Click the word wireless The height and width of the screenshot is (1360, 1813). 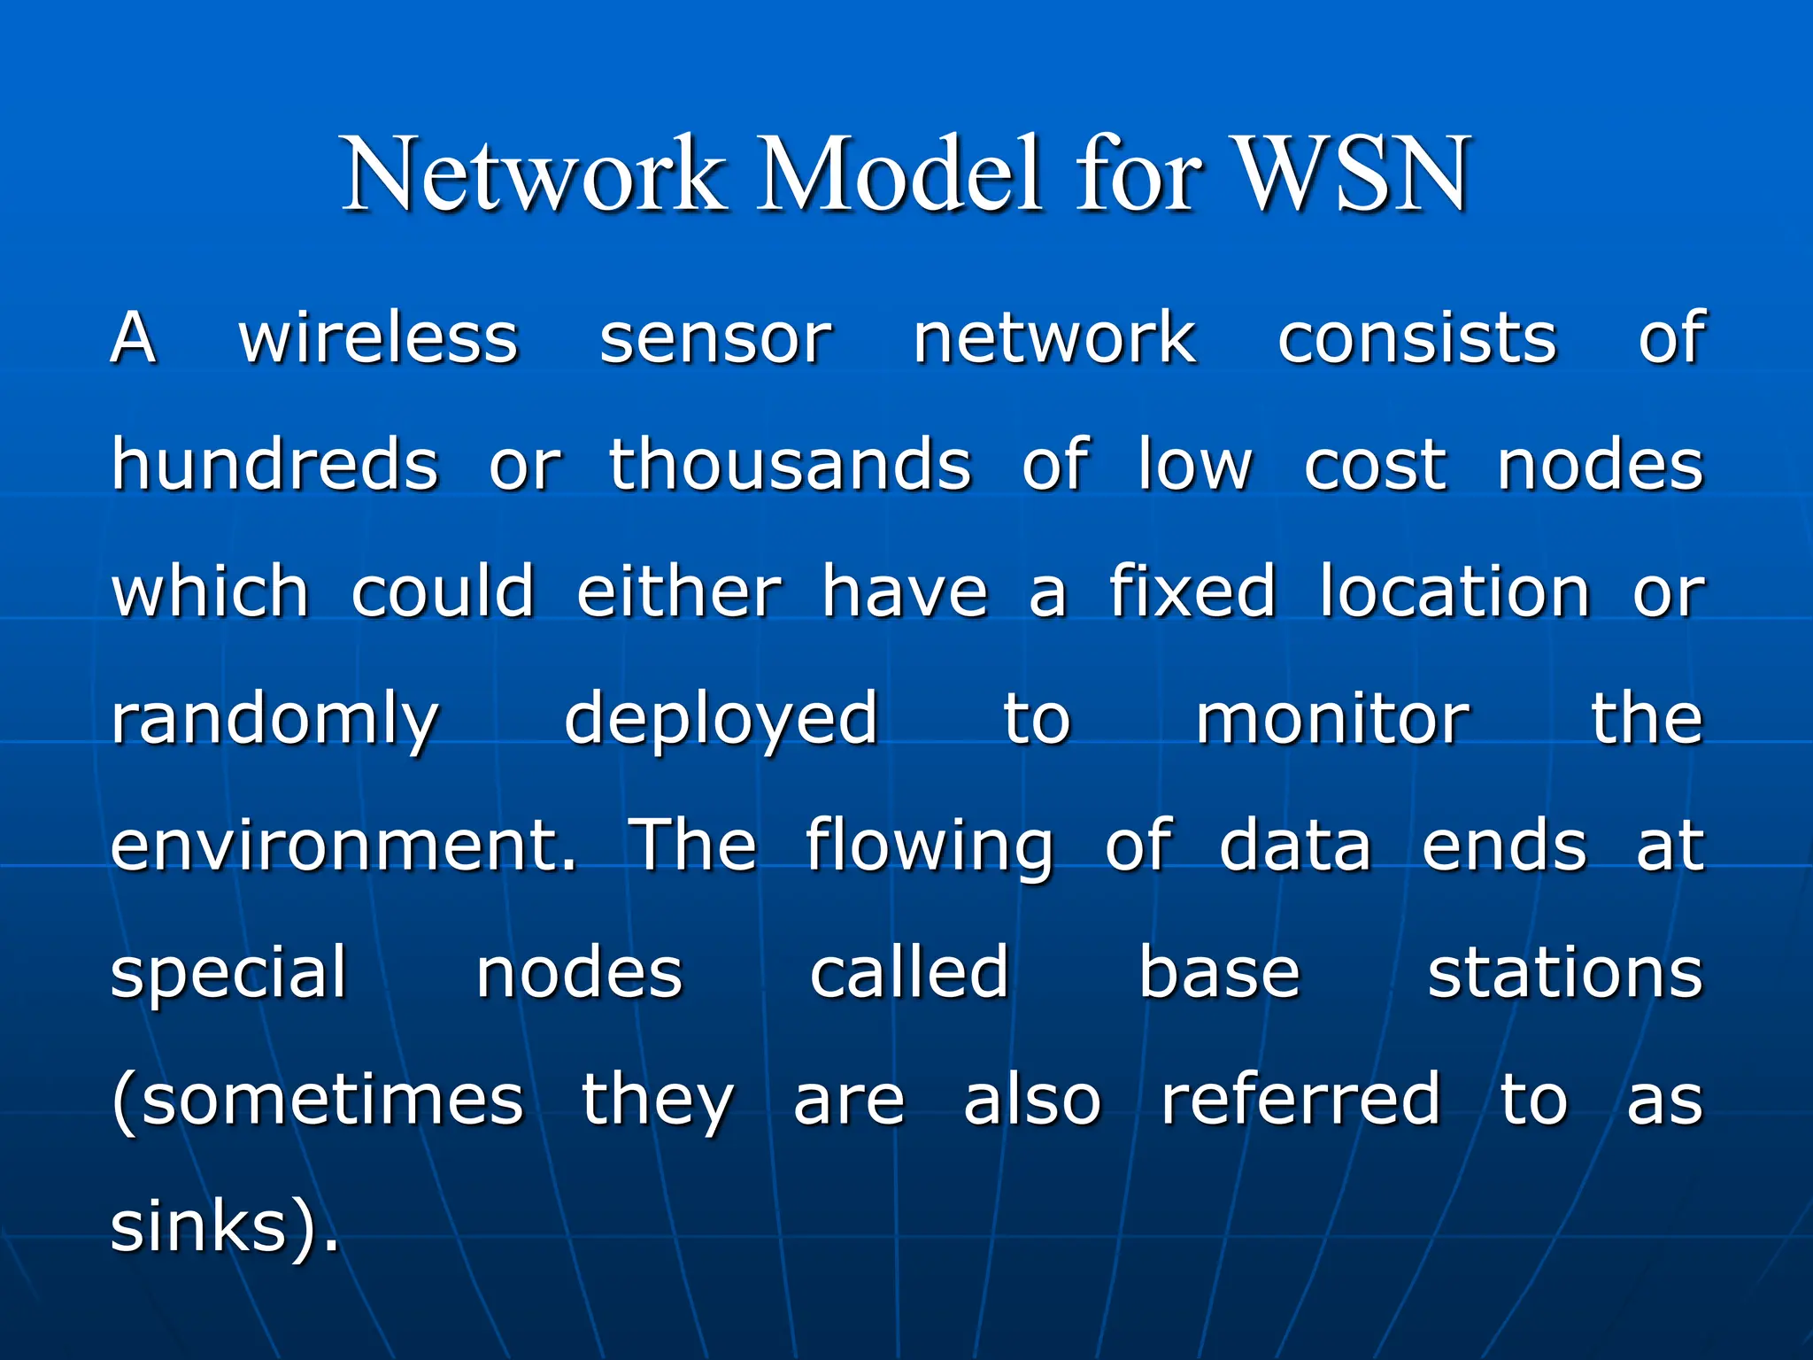point(378,338)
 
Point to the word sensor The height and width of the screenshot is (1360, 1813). point(715,338)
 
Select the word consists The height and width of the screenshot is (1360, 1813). point(1416,338)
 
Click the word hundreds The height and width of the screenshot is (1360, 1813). point(274,465)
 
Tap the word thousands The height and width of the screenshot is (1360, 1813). point(790,465)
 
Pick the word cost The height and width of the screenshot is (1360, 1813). point(1375,465)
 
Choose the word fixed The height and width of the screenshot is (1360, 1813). point(1192,591)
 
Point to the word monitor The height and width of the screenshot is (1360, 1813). point(1332,718)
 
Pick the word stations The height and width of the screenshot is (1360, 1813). point(1565,972)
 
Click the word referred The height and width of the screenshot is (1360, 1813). point(1300,1099)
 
